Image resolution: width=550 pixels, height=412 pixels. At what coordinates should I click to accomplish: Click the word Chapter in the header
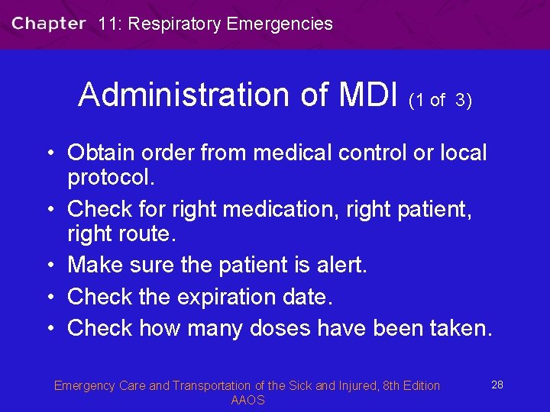(48, 24)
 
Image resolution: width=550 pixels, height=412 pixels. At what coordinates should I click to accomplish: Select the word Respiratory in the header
(175, 24)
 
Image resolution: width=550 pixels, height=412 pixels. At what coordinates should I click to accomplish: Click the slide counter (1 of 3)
(440, 100)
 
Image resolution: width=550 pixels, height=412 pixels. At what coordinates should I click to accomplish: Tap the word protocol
(112, 178)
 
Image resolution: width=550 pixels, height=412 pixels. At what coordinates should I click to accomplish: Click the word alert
(341, 265)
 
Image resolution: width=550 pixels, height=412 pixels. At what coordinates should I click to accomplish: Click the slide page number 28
(497, 385)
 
